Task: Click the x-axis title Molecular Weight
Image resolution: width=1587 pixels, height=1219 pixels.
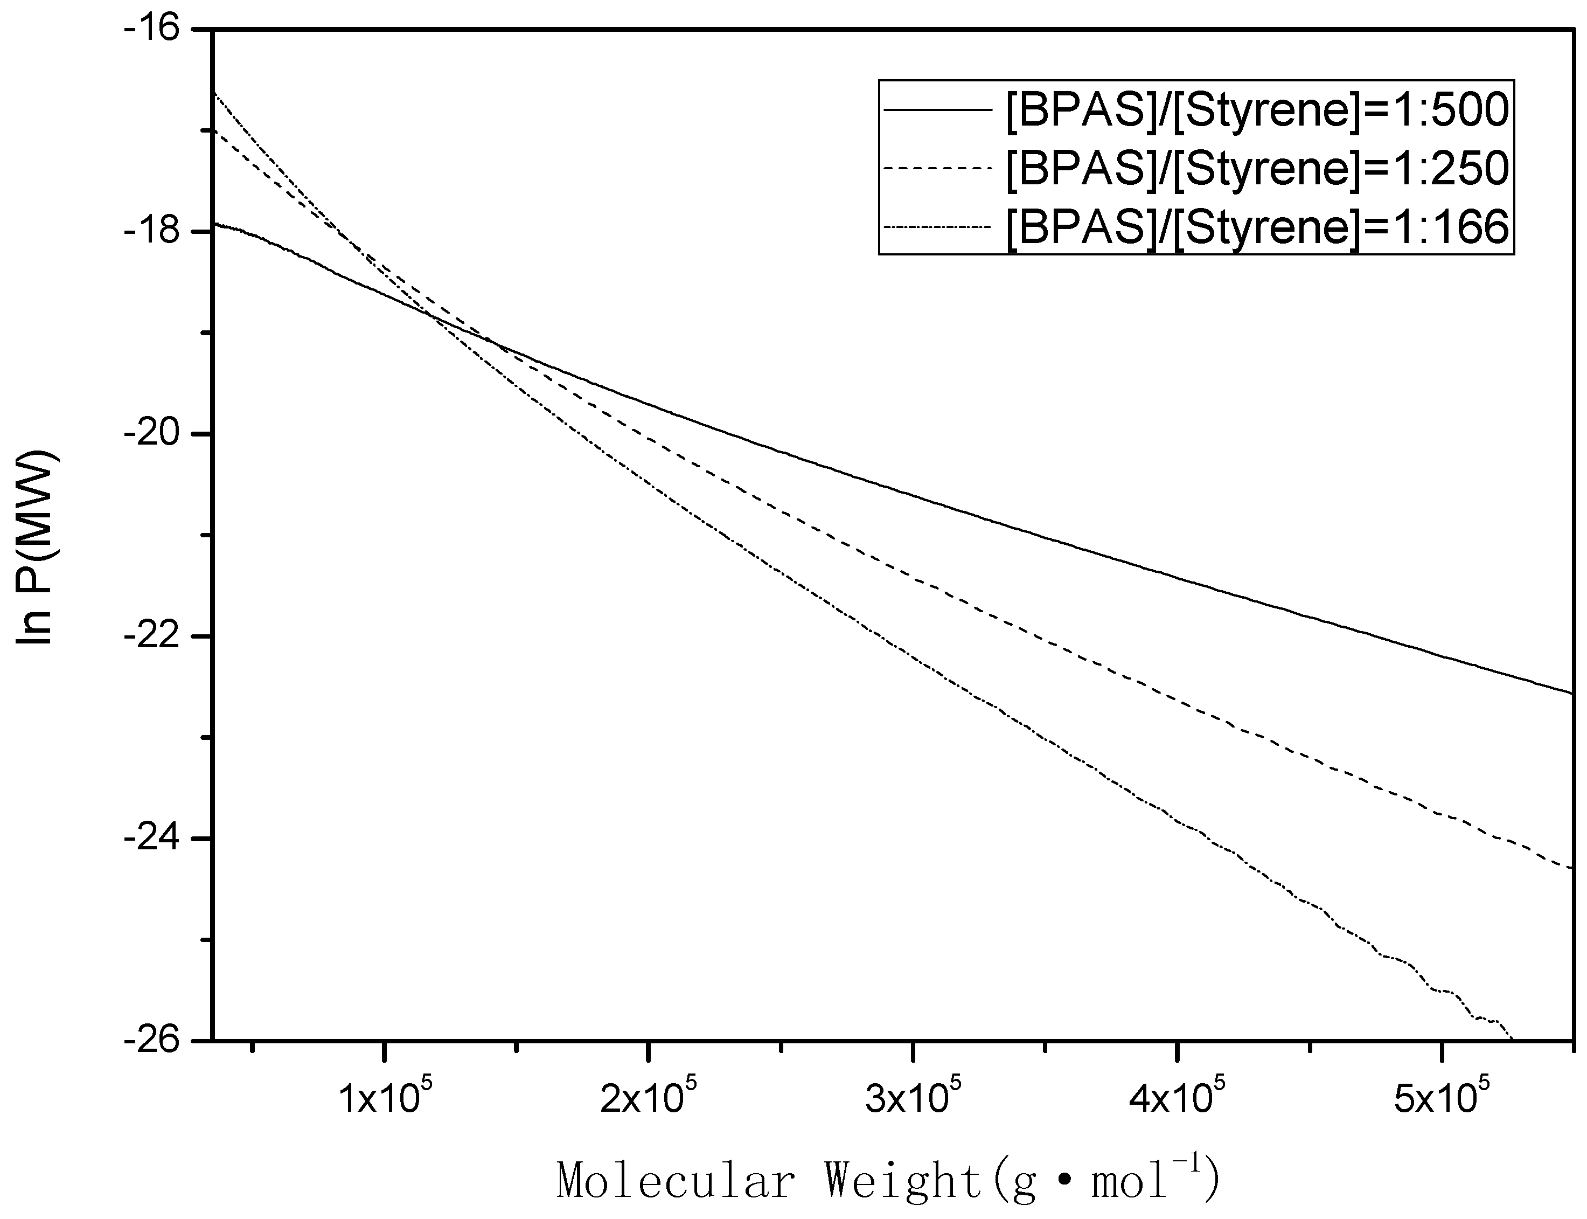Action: pos(888,1180)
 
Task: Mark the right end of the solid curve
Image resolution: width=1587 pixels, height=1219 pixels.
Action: pos(1571,693)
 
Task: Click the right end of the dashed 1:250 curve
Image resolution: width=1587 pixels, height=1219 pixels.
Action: pos(1571,868)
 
